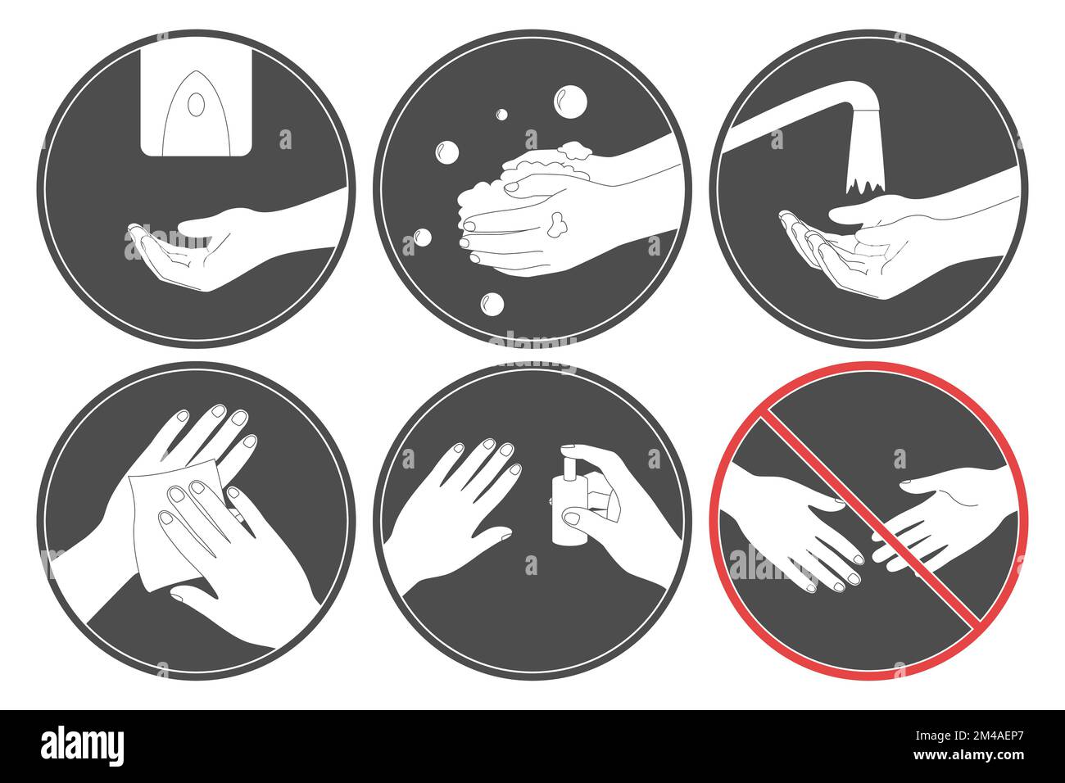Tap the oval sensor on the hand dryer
[195, 105]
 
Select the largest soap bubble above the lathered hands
[569, 102]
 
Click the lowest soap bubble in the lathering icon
[492, 304]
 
